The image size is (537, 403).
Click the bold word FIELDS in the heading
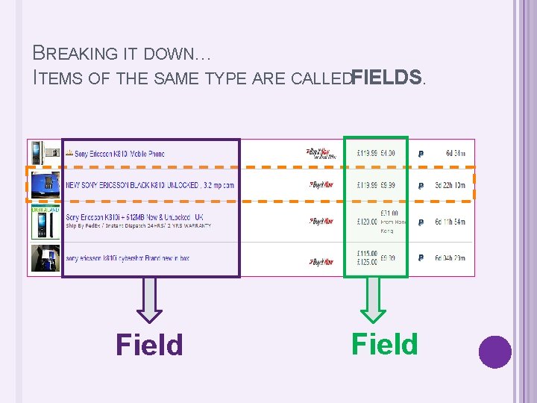pyautogui.click(x=387, y=76)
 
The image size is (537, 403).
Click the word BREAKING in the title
pyautogui.click(x=75, y=53)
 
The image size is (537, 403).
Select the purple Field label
pyautogui.click(x=149, y=345)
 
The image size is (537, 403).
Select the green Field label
pyautogui.click(x=385, y=344)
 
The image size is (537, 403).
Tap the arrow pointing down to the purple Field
pyautogui.click(x=150, y=299)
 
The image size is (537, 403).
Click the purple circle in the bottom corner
pyautogui.click(x=494, y=352)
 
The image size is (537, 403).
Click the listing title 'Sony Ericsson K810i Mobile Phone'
pyautogui.click(x=119, y=154)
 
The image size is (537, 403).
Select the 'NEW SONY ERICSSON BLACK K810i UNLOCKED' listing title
pyautogui.click(x=150, y=185)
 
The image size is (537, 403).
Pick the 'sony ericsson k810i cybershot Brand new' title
pyautogui.click(x=127, y=258)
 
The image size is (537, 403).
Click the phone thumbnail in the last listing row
pyautogui.click(x=45, y=258)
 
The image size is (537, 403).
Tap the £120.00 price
pyautogui.click(x=367, y=222)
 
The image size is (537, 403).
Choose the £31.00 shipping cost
pyautogui.click(x=389, y=213)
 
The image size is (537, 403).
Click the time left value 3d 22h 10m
pyautogui.click(x=450, y=185)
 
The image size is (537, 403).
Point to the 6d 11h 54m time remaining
pyautogui.click(x=450, y=222)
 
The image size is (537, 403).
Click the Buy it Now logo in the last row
pyautogui.click(x=321, y=262)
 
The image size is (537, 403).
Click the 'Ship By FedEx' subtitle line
pyautogui.click(x=138, y=225)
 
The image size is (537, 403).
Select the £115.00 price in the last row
pyautogui.click(x=367, y=254)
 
